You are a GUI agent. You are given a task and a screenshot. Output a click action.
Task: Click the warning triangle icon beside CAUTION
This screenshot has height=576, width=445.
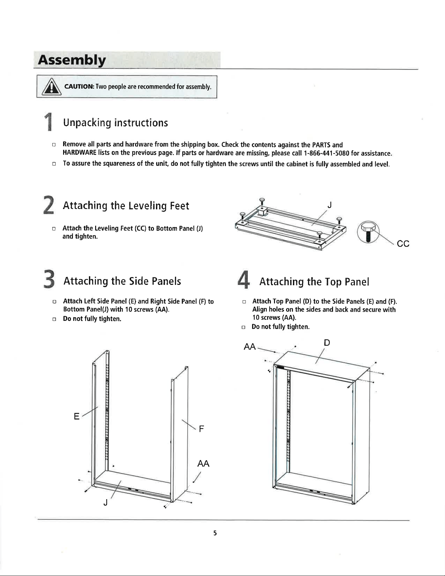pyautogui.click(x=50, y=87)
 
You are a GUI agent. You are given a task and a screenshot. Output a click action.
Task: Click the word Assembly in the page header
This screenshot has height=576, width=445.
pyautogui.click(x=72, y=60)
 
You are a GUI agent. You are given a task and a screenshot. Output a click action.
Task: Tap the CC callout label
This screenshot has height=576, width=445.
pyautogui.click(x=403, y=244)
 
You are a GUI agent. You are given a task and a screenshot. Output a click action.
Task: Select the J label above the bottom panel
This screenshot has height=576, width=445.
pyautogui.click(x=330, y=205)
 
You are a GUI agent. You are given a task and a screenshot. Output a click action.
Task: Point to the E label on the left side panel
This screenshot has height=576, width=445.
pyautogui.click(x=77, y=416)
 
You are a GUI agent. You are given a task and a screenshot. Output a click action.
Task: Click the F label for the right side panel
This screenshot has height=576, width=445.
pyautogui.click(x=201, y=428)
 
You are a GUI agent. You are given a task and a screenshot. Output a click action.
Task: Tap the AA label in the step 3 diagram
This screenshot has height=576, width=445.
pyautogui.click(x=203, y=463)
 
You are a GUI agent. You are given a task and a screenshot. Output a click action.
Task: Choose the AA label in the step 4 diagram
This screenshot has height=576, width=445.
pyautogui.click(x=250, y=347)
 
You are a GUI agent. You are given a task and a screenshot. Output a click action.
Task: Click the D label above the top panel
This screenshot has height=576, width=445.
pyautogui.click(x=327, y=342)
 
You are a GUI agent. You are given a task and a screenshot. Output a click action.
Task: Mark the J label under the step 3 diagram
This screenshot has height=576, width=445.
pyautogui.click(x=105, y=503)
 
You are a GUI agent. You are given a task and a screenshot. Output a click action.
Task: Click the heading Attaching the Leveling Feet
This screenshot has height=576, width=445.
pyautogui.click(x=126, y=206)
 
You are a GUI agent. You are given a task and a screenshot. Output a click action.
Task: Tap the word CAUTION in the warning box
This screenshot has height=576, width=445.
pyautogui.click(x=79, y=87)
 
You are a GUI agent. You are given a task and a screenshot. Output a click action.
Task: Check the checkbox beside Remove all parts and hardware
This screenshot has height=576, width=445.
pyautogui.click(x=54, y=145)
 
